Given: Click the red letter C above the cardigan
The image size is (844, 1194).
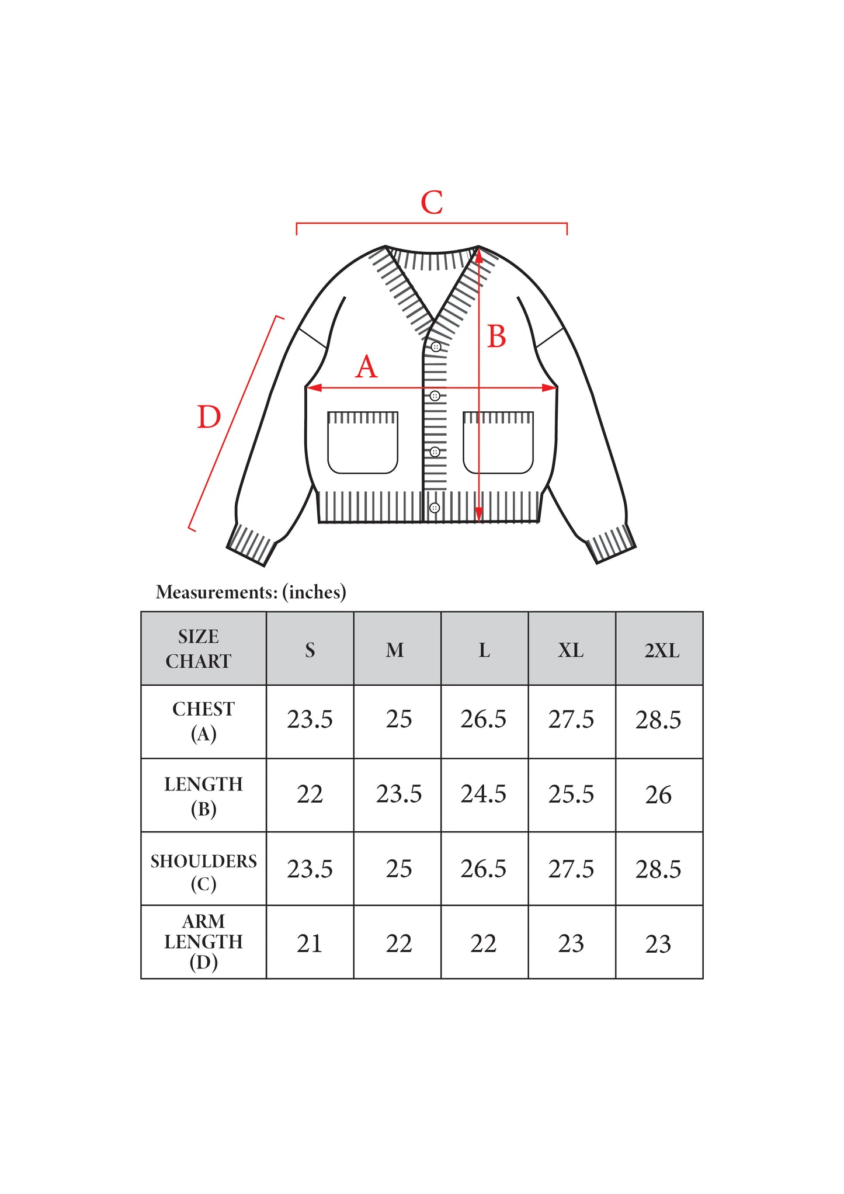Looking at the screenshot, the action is (432, 203).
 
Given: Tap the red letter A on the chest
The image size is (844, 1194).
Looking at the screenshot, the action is (367, 367).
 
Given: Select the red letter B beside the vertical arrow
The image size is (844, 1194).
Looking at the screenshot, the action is (496, 336).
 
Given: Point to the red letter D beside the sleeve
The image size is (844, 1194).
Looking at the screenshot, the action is (209, 417).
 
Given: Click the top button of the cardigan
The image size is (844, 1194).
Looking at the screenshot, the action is (436, 346).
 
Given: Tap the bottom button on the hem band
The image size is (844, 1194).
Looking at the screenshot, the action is (435, 508).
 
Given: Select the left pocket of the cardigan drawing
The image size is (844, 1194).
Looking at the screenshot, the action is (363, 442).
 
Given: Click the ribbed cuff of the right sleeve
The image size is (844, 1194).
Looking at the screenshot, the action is (611, 544).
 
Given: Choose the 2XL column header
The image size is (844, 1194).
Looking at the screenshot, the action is (662, 650).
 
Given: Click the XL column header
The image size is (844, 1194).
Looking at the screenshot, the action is (571, 650).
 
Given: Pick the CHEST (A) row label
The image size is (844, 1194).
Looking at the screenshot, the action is (203, 721).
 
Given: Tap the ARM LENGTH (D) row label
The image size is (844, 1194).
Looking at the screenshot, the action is (203, 942).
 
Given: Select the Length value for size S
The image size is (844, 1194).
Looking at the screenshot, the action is (310, 794).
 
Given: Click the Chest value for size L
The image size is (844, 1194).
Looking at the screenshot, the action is (483, 719).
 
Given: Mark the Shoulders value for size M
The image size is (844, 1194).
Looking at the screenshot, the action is (399, 869).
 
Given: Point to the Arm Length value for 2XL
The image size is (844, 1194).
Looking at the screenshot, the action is (658, 944).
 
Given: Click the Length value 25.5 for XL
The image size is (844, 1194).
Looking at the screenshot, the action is (571, 794).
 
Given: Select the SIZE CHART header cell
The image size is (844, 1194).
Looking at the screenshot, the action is (199, 649).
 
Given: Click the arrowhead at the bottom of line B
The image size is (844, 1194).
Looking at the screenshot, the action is (479, 514).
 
